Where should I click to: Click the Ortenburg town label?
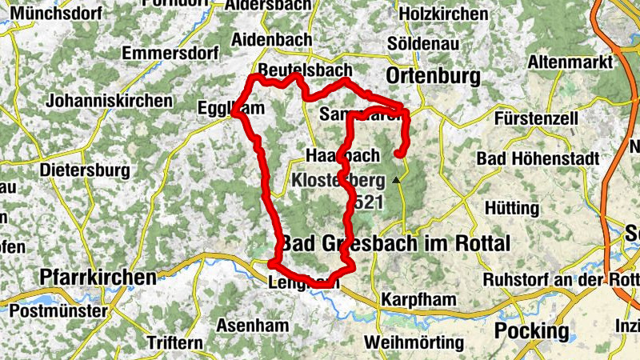click(432, 76)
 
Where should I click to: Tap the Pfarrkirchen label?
click(98, 278)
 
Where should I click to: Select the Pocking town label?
click(532, 330)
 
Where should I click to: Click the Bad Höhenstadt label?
click(538, 159)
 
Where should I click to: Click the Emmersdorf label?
click(170, 54)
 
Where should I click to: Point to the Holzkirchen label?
click(442, 14)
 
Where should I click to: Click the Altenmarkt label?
click(568, 62)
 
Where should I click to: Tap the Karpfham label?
click(418, 299)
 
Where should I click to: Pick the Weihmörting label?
click(413, 342)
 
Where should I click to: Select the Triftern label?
click(174, 342)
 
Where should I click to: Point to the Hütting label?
click(511, 208)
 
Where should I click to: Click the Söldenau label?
click(423, 44)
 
